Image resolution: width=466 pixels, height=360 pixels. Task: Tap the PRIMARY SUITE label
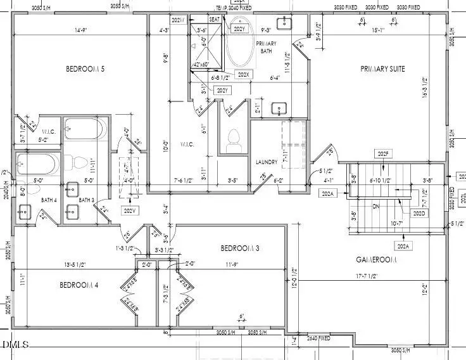(382, 68)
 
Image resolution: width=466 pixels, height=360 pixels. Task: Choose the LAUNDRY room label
(267, 162)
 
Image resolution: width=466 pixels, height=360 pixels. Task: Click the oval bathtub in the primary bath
(239, 46)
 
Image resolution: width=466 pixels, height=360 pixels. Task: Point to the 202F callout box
(383, 154)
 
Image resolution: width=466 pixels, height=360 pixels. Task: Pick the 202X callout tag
(243, 74)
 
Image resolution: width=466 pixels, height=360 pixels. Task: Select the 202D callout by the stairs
(419, 214)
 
